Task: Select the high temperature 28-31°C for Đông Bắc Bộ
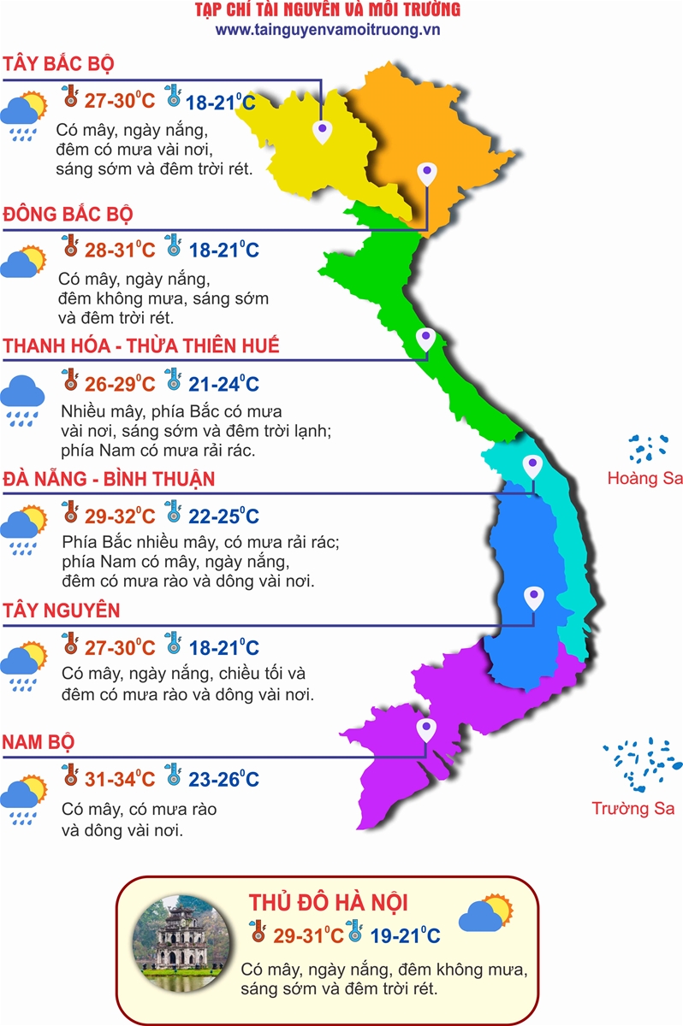coord(119,251)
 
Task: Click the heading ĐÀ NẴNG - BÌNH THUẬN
coord(109,478)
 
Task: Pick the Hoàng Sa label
coord(644,478)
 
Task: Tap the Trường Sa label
coord(633,808)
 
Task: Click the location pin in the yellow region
coord(322,132)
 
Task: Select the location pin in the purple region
coord(425,730)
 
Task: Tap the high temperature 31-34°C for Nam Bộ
coord(119,780)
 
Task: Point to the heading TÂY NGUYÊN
coord(61,610)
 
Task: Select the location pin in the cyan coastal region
coord(533,466)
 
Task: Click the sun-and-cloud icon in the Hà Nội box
coord(485,915)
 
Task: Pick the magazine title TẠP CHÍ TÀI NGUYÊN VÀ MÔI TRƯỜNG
coord(328,10)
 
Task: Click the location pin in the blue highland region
coord(533,596)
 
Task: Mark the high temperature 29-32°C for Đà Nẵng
coord(119,516)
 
